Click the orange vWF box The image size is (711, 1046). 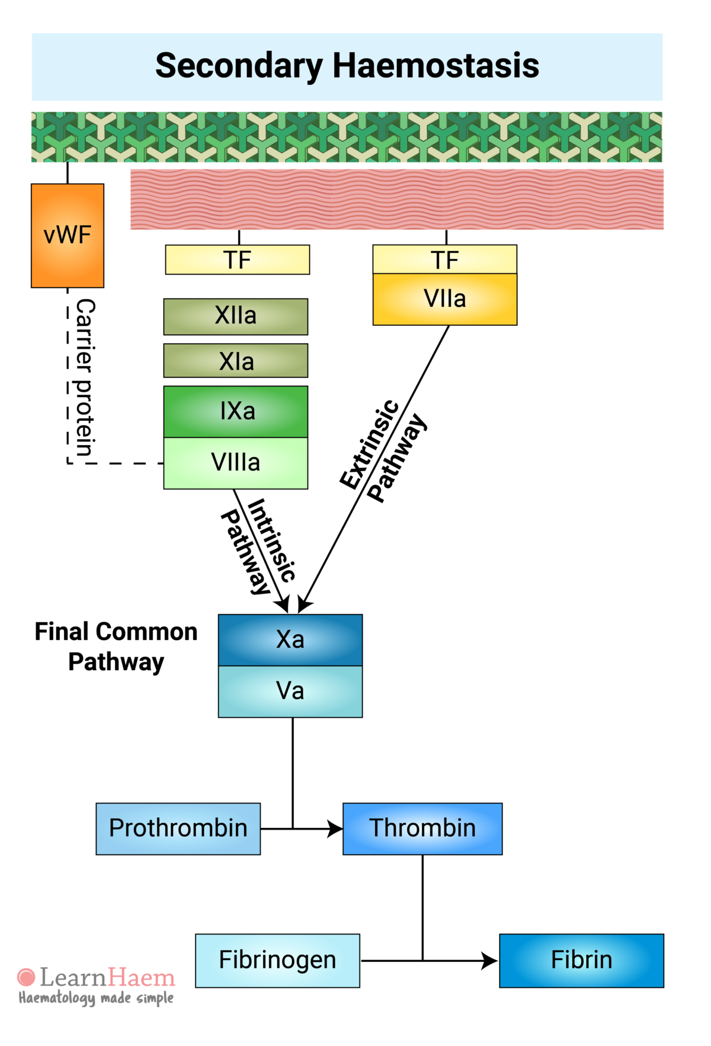coord(68,235)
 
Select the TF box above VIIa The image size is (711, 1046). coord(444,260)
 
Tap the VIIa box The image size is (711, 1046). coord(444,299)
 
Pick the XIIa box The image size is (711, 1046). coord(236,316)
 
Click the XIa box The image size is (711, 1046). coord(236,361)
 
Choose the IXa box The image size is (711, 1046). coord(236,411)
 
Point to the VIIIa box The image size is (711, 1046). coord(236,463)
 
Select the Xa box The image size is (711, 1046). coord(290,640)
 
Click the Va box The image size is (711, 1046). coord(290,691)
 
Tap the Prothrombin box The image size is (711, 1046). coord(178,829)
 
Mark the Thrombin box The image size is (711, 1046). coord(422,829)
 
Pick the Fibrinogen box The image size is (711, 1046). coord(277,960)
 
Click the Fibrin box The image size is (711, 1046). coord(581,960)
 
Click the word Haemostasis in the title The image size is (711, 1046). coord(435,66)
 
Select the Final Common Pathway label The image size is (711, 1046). coord(116,647)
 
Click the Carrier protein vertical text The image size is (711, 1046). coord(85,378)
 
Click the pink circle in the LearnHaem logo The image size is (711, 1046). coord(26,977)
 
